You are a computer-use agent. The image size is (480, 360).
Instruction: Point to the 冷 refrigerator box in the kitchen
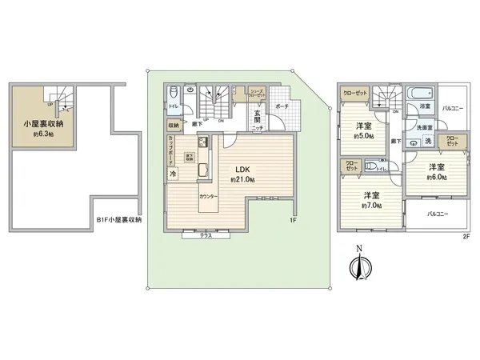[x=173, y=174]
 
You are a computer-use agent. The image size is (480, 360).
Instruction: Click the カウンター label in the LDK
[x=210, y=195]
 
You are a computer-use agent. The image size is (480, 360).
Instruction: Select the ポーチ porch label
[x=281, y=106]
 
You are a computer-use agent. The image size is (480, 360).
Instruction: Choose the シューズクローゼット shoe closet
[x=257, y=94]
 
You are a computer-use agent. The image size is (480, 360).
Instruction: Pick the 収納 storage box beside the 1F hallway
[x=174, y=125]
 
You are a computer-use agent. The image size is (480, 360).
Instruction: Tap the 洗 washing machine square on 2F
[x=428, y=142]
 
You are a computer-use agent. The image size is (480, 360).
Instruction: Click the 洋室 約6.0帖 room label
[x=435, y=171]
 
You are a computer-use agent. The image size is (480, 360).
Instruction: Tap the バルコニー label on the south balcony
[x=436, y=214]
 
